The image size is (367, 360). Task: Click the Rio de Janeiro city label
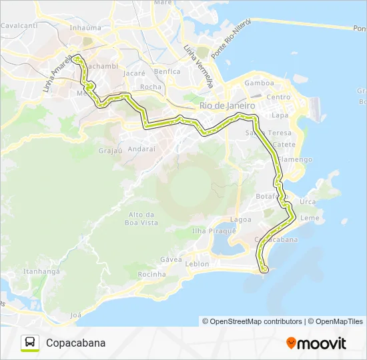[228, 106]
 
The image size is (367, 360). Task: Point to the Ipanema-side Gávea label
[171, 259]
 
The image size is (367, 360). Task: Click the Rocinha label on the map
[151, 274]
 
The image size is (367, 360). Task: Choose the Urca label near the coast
[308, 201]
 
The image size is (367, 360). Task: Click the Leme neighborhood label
[310, 218]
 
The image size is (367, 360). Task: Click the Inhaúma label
[85, 28]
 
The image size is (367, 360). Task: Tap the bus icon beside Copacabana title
[30, 343]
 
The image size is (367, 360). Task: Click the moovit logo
[316, 343]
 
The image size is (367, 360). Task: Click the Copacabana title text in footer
[76, 343]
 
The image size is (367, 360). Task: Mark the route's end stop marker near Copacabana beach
[264, 269]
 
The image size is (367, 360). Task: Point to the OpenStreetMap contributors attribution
[252, 321]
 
